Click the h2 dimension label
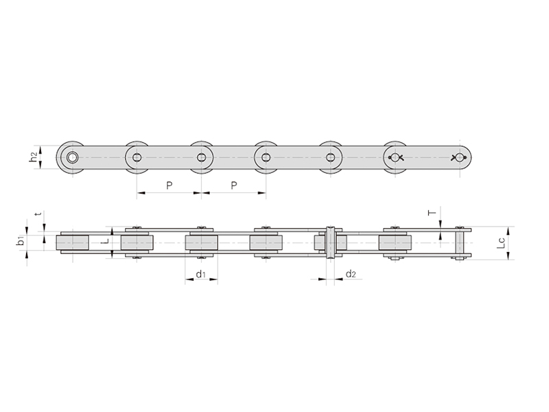33,157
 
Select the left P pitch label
169,185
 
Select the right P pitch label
234,185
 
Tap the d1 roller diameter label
200,274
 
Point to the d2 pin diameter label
351,274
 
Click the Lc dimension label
502,243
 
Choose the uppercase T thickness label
433,212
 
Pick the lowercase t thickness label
39,213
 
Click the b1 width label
21,241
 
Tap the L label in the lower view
107,242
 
